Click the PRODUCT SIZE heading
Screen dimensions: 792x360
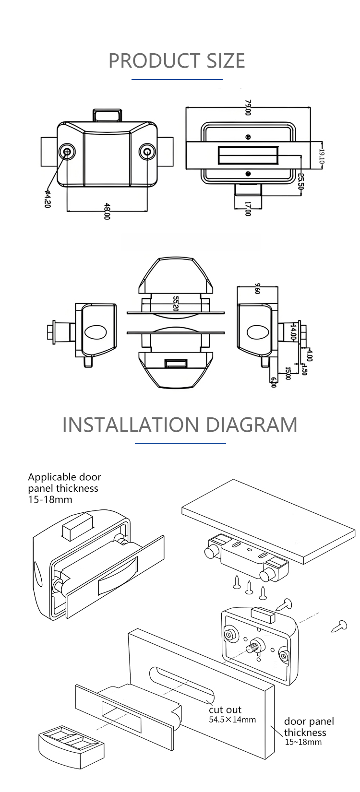(177, 61)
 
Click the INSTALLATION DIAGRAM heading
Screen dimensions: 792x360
(180, 425)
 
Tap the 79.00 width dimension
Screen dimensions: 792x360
(248, 107)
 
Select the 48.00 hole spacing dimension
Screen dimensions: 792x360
(107, 211)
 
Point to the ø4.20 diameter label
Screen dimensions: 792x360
(48, 199)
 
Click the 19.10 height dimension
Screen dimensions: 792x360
(322, 155)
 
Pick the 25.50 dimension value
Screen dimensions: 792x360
(301, 181)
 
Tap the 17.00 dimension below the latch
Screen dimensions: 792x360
(248, 209)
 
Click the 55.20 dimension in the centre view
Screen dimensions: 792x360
(176, 304)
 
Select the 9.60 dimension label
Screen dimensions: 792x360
(258, 288)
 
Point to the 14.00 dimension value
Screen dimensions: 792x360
(293, 331)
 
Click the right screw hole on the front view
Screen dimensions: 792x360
(147, 153)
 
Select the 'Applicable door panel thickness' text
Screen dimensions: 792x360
(64, 488)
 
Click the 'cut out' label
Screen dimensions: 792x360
(225, 709)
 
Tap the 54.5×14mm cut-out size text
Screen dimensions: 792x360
(232, 720)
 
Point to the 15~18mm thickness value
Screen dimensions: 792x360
(303, 742)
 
